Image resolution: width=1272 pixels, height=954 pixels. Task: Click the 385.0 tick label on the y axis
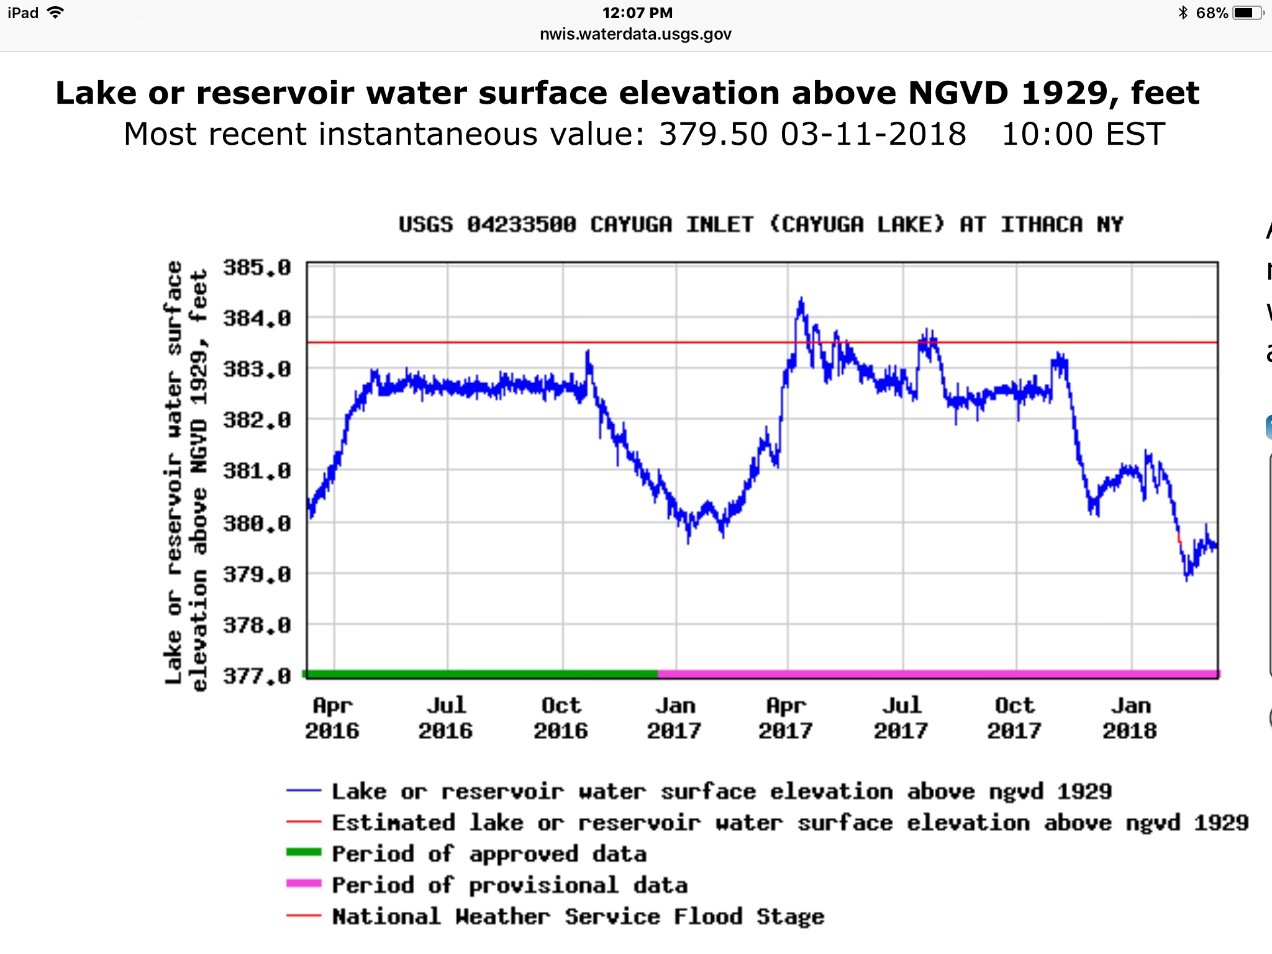click(x=257, y=268)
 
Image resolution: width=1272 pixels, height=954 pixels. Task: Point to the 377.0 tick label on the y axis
click(x=257, y=675)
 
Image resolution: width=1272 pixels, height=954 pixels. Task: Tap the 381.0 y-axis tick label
click(x=257, y=471)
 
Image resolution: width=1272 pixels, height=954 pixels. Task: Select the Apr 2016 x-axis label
click(x=332, y=718)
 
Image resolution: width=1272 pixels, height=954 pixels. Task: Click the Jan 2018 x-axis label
click(x=1130, y=718)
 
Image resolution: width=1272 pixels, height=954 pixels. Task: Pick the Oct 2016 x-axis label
click(x=561, y=718)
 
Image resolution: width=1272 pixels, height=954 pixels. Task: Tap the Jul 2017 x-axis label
click(x=901, y=718)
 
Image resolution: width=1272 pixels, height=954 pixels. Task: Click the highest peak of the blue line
click(x=801, y=299)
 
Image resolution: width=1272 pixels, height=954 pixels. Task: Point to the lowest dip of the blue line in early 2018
click(x=1187, y=579)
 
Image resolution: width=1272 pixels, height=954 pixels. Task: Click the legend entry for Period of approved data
click(x=466, y=853)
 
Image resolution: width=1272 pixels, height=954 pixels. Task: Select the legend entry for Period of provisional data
click(x=487, y=884)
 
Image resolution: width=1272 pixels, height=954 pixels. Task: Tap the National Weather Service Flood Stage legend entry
click(x=555, y=916)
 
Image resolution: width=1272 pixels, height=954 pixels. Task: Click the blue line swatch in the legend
click(x=304, y=791)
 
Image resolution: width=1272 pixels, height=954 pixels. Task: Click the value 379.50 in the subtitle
click(x=713, y=134)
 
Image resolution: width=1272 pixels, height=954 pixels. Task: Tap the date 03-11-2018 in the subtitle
click(x=873, y=134)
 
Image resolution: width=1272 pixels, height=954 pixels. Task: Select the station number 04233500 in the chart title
click(x=522, y=224)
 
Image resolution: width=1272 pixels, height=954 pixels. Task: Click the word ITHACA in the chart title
click(x=1042, y=224)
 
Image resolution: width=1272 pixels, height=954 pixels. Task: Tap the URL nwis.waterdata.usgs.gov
click(x=635, y=34)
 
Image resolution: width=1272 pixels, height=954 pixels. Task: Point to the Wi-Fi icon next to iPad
click(x=56, y=12)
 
